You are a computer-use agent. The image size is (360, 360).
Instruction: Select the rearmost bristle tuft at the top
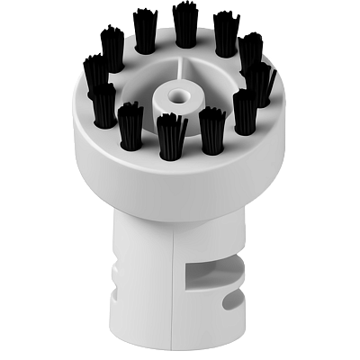tap(185, 25)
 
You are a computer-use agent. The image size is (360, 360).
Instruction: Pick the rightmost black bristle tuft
tap(260, 83)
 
